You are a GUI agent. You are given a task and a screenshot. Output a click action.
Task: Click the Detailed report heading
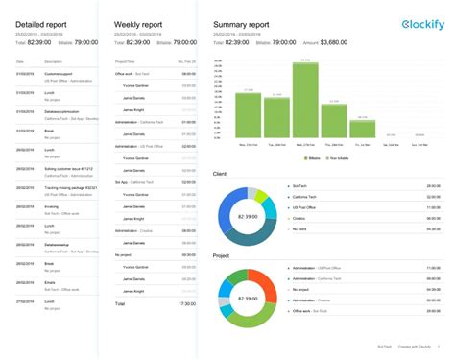41,23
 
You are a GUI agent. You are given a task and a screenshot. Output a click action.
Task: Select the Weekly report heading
136,23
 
